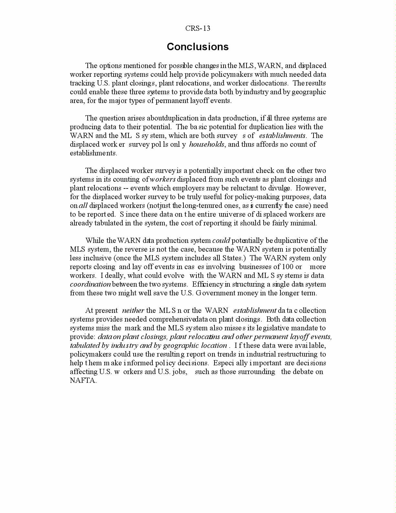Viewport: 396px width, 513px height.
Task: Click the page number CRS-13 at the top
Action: point(198,28)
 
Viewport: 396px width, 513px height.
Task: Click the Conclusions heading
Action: point(198,47)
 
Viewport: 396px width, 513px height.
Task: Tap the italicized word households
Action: point(206,144)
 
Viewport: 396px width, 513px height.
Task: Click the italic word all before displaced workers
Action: point(83,206)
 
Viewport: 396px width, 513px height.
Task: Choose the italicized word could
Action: point(221,241)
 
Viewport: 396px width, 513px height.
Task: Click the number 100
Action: point(287,267)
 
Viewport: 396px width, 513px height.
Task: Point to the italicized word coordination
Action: point(90,284)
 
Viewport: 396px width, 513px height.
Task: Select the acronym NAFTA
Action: point(83,381)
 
